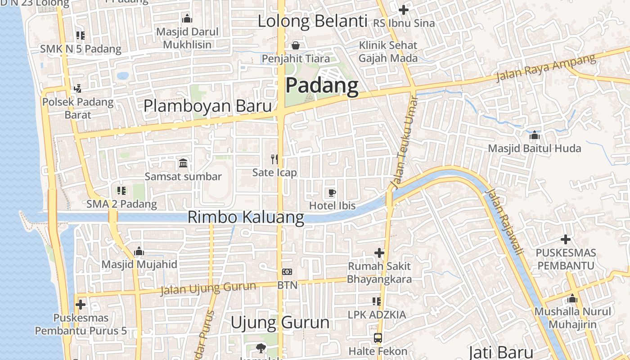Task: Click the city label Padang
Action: point(322,85)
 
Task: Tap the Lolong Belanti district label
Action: point(312,21)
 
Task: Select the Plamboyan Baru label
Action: point(207,106)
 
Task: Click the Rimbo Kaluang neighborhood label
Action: point(246,217)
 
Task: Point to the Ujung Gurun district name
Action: point(280,322)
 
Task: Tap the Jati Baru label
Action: point(501,352)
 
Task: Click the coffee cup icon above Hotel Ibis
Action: point(332,193)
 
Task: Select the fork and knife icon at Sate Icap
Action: point(274,159)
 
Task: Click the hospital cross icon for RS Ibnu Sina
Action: point(404,9)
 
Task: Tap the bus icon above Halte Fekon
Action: point(378,337)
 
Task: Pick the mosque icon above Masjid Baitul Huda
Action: point(534,135)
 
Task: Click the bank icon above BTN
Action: point(287,272)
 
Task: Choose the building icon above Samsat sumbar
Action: point(183,163)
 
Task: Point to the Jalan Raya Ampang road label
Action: point(545,68)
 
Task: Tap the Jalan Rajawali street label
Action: point(505,222)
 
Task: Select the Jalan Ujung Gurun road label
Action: point(208,288)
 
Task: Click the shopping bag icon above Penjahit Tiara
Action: point(296,45)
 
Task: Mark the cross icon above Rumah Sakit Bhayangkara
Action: point(379,253)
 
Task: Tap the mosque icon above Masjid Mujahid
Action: point(139,251)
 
